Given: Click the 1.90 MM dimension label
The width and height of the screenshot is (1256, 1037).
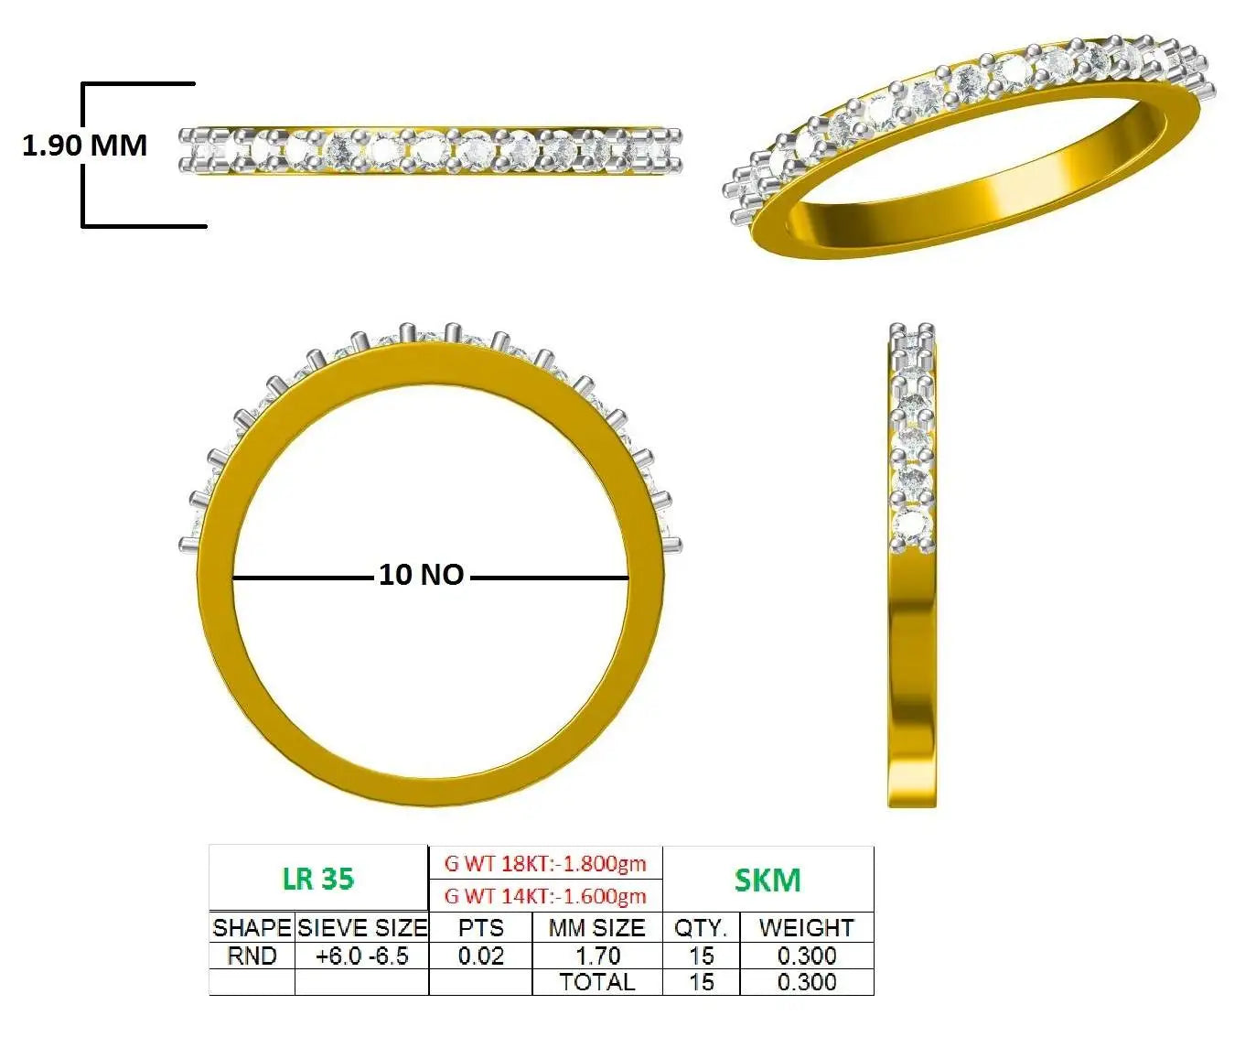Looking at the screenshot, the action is [x=85, y=145].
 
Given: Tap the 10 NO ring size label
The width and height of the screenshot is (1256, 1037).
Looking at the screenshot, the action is [x=421, y=575].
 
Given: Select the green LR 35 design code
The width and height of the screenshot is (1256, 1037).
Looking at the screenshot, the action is [x=318, y=879].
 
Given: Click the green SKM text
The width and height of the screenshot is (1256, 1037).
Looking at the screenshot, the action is [x=768, y=880].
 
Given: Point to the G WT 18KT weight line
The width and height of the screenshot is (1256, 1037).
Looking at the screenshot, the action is [x=545, y=864].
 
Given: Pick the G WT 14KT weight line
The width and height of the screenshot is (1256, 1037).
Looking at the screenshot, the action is [x=545, y=896].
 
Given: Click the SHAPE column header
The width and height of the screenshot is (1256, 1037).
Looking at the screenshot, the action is [x=252, y=928].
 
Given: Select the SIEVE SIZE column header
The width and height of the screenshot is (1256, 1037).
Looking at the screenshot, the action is [x=362, y=928].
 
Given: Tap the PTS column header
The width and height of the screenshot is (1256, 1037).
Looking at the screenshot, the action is [x=480, y=928].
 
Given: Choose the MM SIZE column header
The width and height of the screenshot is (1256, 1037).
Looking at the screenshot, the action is [x=596, y=928].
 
